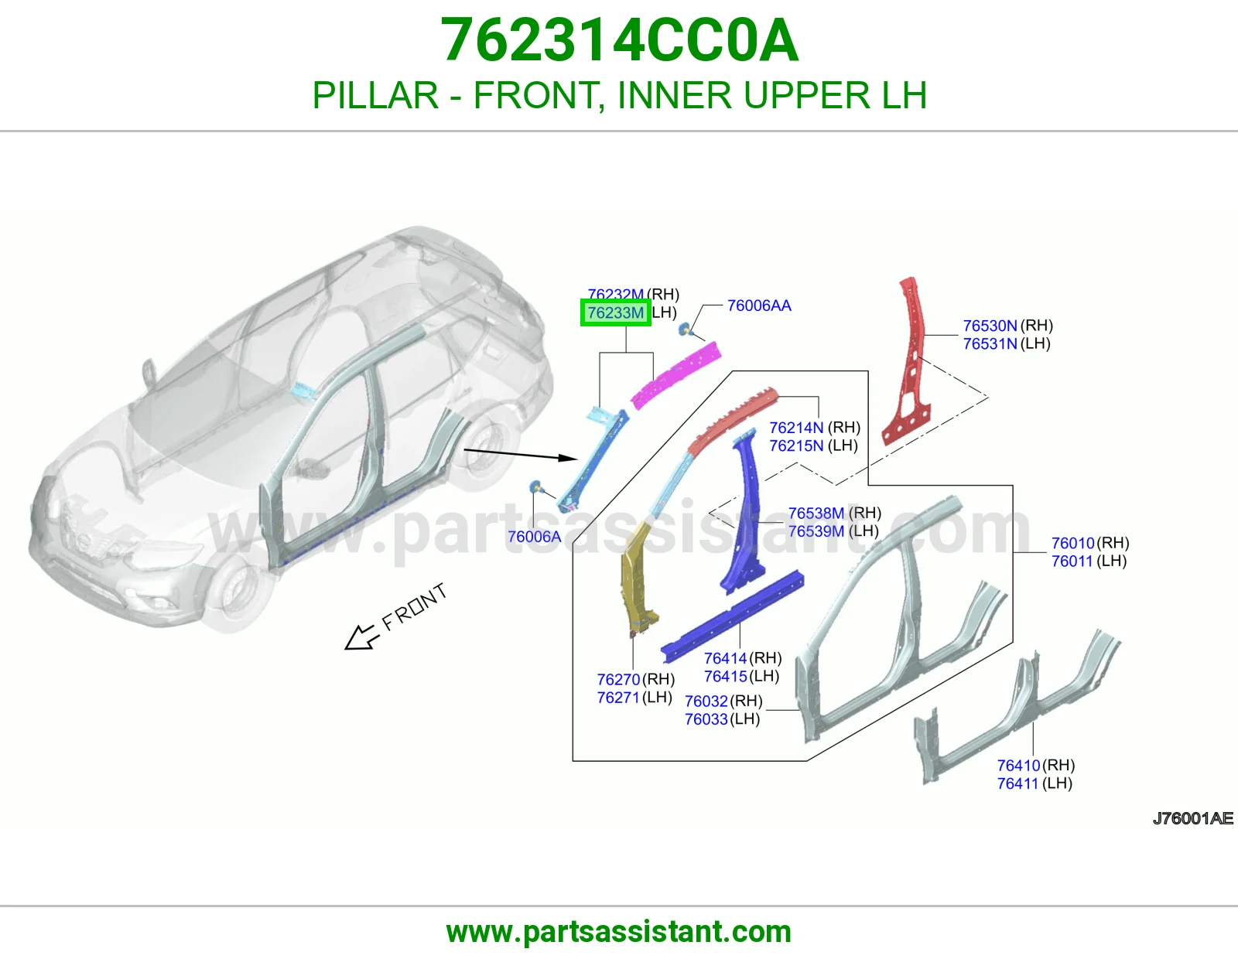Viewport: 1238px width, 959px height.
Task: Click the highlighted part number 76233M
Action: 615,312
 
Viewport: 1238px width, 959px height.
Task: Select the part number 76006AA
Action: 759,305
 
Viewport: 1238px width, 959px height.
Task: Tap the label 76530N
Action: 990,326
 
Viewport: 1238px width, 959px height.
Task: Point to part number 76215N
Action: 796,446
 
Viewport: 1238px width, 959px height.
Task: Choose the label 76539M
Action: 816,531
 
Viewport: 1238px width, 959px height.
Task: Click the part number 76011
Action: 1072,561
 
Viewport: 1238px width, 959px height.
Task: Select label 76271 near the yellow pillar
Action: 618,698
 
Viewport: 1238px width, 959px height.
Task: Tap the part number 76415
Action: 725,677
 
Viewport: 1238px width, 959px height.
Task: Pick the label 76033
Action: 706,719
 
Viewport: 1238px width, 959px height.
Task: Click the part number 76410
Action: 1018,766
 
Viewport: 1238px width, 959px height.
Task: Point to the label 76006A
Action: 535,537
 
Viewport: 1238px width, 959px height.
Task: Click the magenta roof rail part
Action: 676,376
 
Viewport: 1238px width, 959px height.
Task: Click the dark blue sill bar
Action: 733,616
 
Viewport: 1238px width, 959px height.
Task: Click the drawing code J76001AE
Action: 1193,819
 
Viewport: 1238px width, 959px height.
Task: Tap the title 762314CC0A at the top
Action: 619,40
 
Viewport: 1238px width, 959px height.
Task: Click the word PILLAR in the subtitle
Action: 375,95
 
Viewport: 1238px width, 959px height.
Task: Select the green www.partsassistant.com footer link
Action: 619,932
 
